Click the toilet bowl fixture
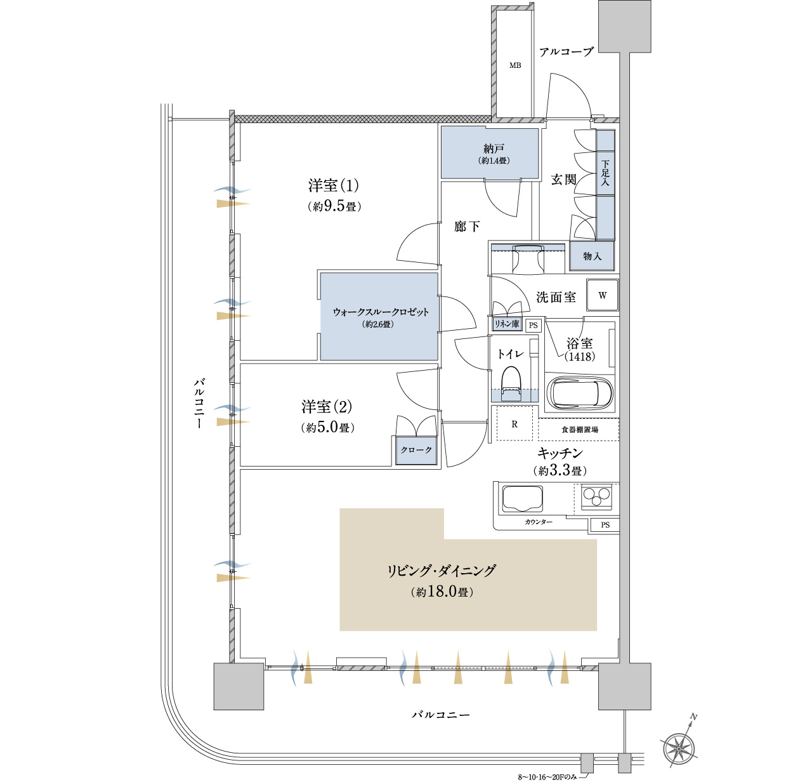tap(511, 383)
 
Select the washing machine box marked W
tap(602, 295)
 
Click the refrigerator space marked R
tap(514, 423)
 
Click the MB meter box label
tap(515, 65)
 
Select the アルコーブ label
tap(566, 52)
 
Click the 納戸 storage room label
tap(494, 149)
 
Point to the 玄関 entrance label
tap(564, 180)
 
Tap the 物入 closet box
tap(592, 256)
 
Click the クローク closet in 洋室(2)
tap(416, 449)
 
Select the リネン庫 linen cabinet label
tap(507, 324)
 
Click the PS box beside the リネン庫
tap(534, 325)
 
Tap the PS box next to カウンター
tap(605, 525)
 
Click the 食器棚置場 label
tap(580, 429)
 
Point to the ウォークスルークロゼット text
tap(381, 312)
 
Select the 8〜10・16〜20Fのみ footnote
tap(547, 776)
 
